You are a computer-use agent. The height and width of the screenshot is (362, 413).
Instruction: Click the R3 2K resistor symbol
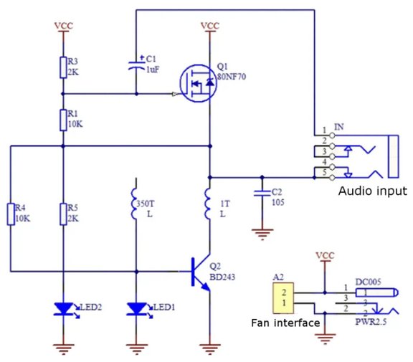(63, 67)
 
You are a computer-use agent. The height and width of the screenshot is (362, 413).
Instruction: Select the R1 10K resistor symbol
(63, 120)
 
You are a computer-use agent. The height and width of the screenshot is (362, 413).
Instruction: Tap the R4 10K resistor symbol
(11, 214)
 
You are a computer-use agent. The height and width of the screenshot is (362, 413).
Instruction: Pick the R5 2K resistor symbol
(63, 214)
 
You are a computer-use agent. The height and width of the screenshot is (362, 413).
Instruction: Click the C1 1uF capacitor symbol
(136, 65)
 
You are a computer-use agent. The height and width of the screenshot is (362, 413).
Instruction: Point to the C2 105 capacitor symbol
(262, 193)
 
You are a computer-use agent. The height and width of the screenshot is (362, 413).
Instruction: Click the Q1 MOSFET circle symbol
(199, 83)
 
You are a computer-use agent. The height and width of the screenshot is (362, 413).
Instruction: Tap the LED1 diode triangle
(136, 308)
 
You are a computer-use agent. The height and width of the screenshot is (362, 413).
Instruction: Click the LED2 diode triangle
(64, 308)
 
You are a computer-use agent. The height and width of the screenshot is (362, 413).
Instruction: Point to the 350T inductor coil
(133, 204)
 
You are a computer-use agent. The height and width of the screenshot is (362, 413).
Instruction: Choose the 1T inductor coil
(207, 204)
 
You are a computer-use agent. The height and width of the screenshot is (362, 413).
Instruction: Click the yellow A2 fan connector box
(283, 298)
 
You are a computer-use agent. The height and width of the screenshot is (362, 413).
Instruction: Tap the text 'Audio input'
(373, 191)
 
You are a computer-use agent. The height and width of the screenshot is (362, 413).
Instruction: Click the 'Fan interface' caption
(285, 323)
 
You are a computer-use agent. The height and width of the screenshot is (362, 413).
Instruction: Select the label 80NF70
(232, 77)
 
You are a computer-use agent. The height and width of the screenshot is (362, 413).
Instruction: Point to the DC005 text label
(369, 282)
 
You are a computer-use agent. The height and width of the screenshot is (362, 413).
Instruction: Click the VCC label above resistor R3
(64, 26)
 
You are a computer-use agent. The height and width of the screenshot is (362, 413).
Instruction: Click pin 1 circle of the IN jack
(333, 135)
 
